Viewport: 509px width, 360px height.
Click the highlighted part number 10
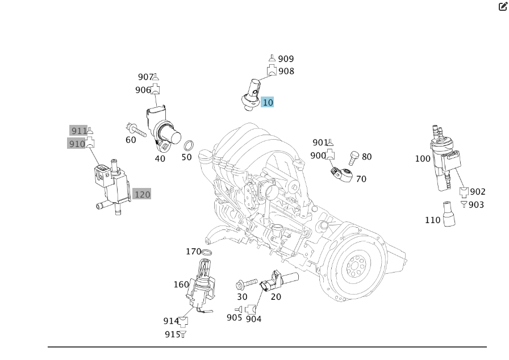[268, 103]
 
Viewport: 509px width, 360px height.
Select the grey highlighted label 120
[142, 195]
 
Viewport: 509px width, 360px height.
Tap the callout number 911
[79, 131]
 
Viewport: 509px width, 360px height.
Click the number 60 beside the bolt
[131, 140]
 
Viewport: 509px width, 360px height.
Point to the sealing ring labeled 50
[191, 145]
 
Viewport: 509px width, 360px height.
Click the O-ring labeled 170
[207, 252]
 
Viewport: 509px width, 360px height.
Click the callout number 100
[423, 159]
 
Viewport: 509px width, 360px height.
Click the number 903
[476, 205]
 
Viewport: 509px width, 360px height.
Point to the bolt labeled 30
[246, 283]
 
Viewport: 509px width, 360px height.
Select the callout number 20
[276, 297]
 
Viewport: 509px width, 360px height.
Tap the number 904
[254, 319]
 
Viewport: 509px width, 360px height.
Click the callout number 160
[181, 284]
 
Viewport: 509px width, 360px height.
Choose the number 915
[172, 334]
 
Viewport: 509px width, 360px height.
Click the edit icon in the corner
[503, 7]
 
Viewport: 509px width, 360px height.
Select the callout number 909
[286, 59]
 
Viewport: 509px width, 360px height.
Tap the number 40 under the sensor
[160, 159]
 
